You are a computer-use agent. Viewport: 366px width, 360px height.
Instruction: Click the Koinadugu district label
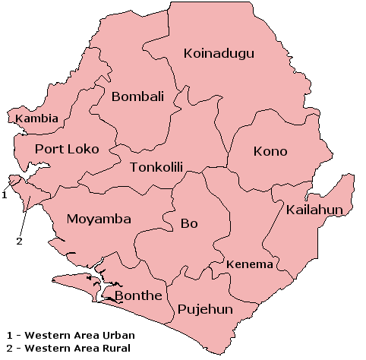(x=219, y=53)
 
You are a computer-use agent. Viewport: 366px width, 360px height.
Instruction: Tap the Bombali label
(x=137, y=96)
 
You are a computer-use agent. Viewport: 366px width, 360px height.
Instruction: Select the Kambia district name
(x=36, y=119)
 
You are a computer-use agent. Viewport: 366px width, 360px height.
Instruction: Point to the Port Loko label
(x=67, y=149)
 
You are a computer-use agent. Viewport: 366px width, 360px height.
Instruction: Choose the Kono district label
(x=270, y=151)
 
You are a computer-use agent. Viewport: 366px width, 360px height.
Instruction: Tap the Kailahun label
(x=316, y=210)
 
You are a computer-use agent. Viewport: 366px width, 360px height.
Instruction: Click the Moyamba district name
(x=99, y=219)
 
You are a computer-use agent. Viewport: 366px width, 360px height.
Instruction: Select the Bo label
(x=188, y=223)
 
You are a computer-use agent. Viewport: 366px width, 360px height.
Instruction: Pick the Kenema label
(x=250, y=264)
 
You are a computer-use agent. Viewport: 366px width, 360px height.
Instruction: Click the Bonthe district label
(x=137, y=295)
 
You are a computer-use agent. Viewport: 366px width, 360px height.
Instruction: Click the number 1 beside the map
(x=5, y=194)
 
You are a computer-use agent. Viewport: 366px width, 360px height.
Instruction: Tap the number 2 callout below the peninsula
(x=20, y=242)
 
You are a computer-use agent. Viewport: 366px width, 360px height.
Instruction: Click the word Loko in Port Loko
(x=83, y=149)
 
